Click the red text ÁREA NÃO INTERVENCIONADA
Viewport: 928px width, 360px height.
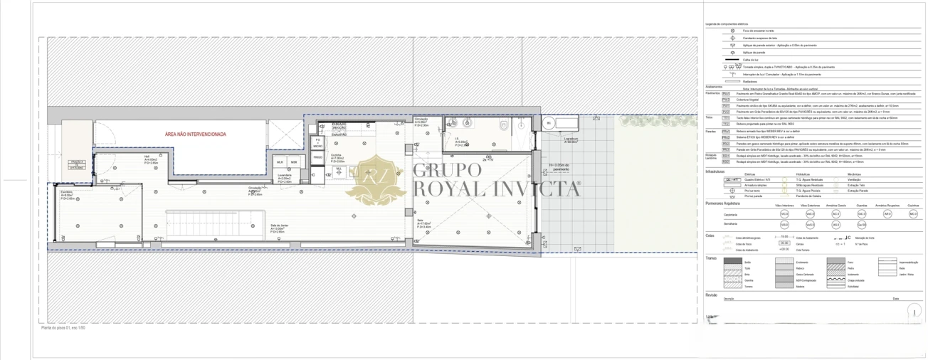pos(195,134)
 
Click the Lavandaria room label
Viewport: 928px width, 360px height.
pos(285,176)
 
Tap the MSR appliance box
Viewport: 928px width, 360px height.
pos(293,162)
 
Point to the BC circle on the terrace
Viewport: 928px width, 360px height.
pos(548,123)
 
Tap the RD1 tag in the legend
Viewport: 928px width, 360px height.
pos(726,156)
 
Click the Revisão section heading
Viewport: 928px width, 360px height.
pos(711,295)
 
